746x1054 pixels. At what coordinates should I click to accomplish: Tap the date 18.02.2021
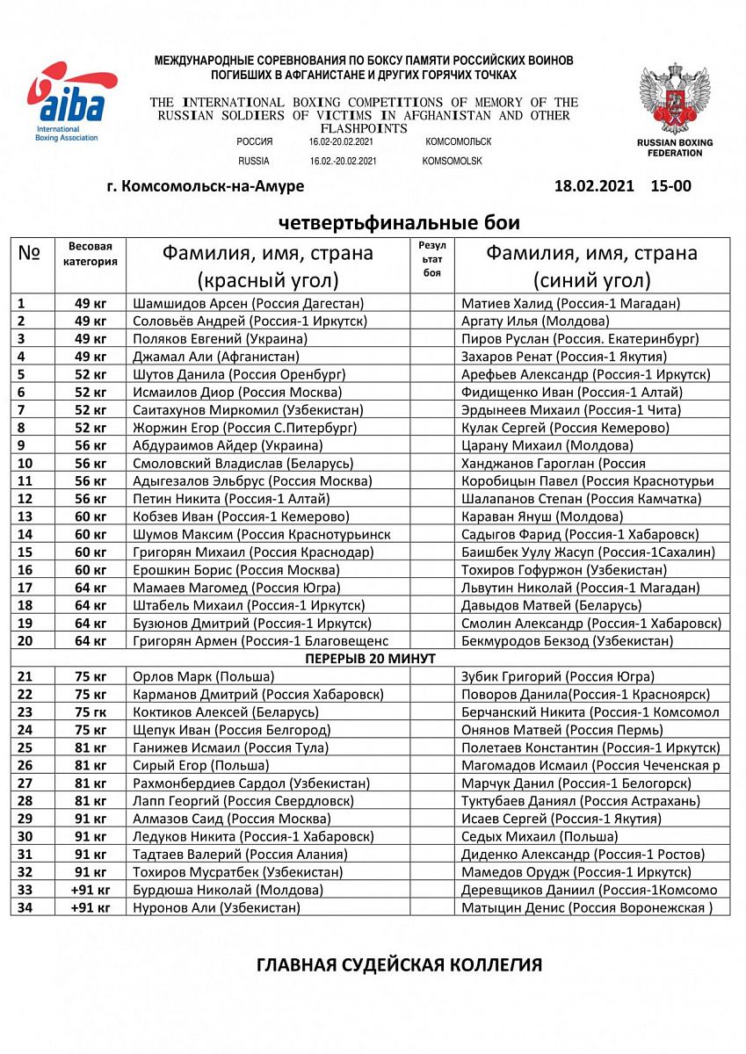(x=594, y=186)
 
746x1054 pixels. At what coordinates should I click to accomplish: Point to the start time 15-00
(x=671, y=186)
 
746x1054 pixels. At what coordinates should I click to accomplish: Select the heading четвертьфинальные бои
(x=399, y=221)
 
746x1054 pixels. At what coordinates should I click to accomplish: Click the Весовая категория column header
(x=90, y=254)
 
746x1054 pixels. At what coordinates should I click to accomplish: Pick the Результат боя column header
(x=431, y=259)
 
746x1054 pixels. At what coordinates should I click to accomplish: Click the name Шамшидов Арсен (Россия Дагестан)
(x=248, y=303)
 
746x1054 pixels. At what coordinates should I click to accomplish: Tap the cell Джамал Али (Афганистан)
(x=216, y=357)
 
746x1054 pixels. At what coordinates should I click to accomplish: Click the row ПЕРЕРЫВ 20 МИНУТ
(x=370, y=658)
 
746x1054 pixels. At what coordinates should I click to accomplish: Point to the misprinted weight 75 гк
(x=90, y=712)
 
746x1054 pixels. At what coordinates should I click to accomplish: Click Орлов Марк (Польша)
(x=203, y=676)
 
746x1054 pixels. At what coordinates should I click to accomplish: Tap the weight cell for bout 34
(x=90, y=907)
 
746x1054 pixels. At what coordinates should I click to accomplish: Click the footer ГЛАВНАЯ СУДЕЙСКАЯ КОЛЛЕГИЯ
(x=399, y=965)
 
